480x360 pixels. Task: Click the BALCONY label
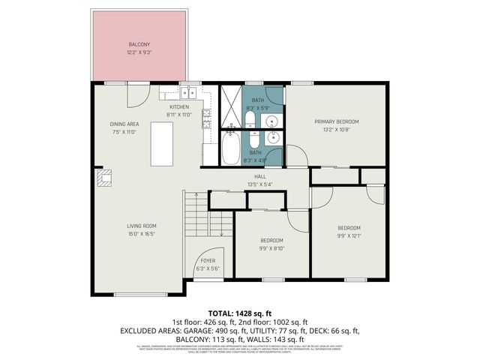[x=139, y=45]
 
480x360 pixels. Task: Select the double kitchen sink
[x=187, y=93]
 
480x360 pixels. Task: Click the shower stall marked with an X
[x=230, y=105]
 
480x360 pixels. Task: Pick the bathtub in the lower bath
[x=231, y=148]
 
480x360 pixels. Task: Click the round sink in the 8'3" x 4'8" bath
[x=274, y=137]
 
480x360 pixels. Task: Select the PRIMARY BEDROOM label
[x=336, y=121]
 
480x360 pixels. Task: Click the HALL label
[x=260, y=176]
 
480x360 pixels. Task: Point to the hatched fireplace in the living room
[x=105, y=177]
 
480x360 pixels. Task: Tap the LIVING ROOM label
[x=140, y=226]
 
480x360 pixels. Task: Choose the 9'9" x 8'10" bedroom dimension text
[x=271, y=248]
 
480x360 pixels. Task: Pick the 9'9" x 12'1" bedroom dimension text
[x=349, y=236]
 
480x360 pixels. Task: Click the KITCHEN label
[x=180, y=107]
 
